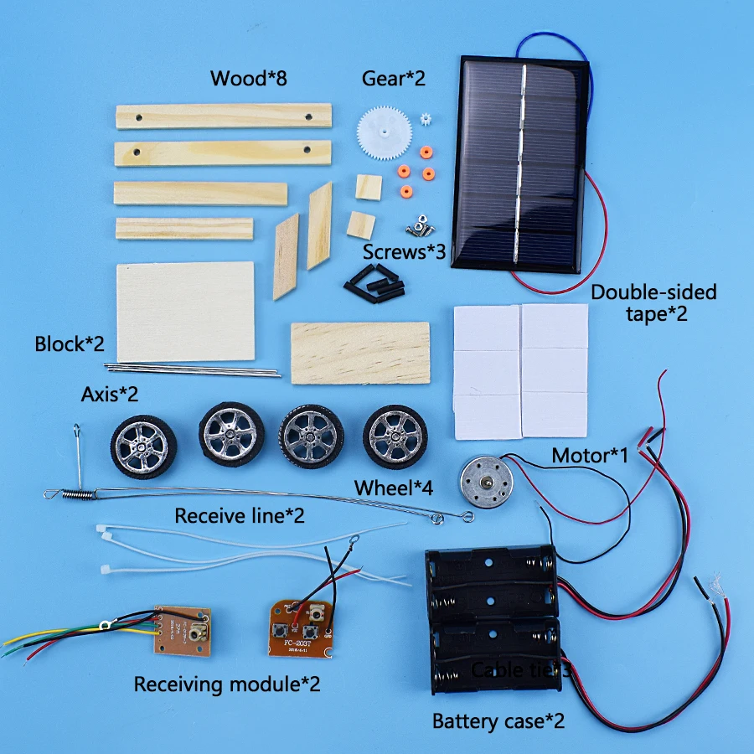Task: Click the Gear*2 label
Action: (x=394, y=79)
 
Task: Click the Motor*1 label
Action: (x=590, y=456)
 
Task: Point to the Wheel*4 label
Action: (x=394, y=488)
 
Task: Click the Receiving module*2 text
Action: (x=227, y=684)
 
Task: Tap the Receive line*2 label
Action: (x=240, y=515)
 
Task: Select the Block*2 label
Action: (x=70, y=344)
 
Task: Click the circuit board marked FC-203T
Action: (x=301, y=627)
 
